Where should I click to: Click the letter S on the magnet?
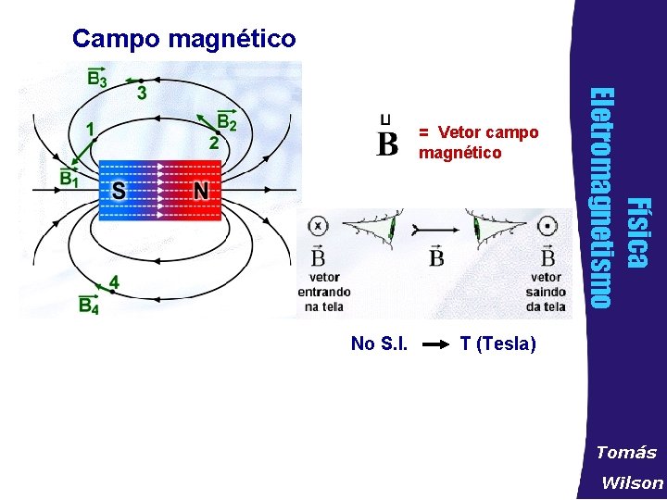(x=120, y=191)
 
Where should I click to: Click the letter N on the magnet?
(x=201, y=191)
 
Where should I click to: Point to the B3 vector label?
(x=96, y=78)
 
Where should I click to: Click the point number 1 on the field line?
(x=90, y=131)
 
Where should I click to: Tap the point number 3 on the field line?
(x=141, y=93)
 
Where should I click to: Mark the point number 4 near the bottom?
(x=113, y=281)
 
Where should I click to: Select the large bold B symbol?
(x=388, y=144)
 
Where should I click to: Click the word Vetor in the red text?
(x=459, y=132)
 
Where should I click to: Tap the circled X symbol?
(x=318, y=225)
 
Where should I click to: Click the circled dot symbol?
(x=548, y=226)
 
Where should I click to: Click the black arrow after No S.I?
(x=436, y=344)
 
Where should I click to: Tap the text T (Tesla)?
(x=497, y=344)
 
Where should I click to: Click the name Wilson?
(x=632, y=482)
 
